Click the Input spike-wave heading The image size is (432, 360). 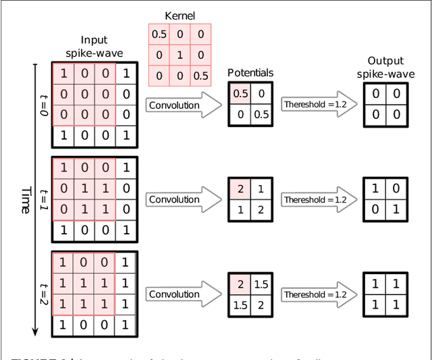tap(94, 47)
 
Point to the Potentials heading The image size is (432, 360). tap(250, 72)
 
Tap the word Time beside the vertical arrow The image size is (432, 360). tap(26, 201)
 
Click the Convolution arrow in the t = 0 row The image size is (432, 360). tap(182, 105)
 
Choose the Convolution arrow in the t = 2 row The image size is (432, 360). tap(182, 294)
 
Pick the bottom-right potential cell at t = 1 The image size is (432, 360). tap(261, 210)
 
